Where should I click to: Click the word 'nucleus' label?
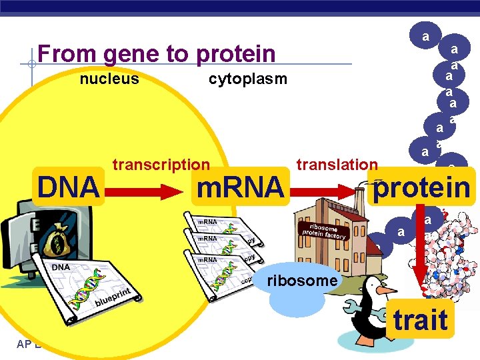109,79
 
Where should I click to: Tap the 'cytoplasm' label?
247,79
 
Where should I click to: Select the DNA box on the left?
68,187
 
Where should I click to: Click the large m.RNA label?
239,188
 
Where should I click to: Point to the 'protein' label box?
421,188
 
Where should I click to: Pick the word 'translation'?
337,165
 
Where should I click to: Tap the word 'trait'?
420,320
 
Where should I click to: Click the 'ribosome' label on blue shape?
302,281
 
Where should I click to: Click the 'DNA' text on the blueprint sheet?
62,267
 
